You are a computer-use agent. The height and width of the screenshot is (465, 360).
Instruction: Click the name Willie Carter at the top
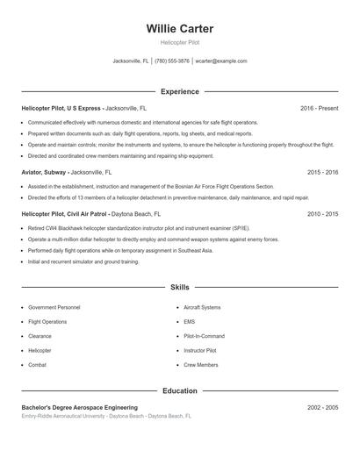(179, 29)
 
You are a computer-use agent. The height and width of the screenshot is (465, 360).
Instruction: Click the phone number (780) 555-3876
(172, 61)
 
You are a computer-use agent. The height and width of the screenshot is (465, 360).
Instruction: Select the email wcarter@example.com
(221, 61)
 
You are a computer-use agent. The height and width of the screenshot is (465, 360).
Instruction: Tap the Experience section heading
(179, 91)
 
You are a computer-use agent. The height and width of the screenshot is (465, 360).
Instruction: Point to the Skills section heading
(179, 287)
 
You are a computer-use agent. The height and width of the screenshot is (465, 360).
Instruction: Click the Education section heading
(179, 390)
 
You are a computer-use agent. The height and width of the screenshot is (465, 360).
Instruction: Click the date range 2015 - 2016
(322, 173)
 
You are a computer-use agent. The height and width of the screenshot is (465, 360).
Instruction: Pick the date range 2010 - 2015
(322, 213)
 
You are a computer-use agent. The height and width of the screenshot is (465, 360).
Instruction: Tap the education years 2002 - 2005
(322, 408)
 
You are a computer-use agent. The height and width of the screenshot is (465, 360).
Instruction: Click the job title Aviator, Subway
(44, 173)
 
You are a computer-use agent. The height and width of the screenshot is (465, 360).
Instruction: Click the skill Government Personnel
(54, 308)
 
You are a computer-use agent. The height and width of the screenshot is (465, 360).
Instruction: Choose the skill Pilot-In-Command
(204, 336)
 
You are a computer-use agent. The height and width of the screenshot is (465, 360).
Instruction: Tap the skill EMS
(189, 322)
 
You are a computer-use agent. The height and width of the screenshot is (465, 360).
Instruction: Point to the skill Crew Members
(201, 364)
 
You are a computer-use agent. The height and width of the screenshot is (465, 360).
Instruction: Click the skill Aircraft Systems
(202, 308)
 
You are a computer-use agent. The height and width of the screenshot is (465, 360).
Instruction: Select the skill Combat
(38, 364)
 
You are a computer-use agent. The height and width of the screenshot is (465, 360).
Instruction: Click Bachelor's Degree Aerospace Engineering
(79, 408)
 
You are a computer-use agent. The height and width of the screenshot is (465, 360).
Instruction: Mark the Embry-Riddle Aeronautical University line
(105, 417)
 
